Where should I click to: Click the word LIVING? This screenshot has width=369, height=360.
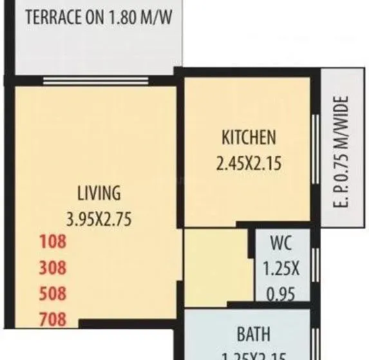click(99, 193)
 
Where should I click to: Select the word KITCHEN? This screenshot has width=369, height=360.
click(249, 137)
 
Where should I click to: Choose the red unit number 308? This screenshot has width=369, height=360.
click(53, 267)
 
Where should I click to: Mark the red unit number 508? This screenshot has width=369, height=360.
click(53, 294)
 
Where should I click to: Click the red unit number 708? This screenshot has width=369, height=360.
click(53, 318)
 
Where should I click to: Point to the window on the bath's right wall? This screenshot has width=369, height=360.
click(316, 338)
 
